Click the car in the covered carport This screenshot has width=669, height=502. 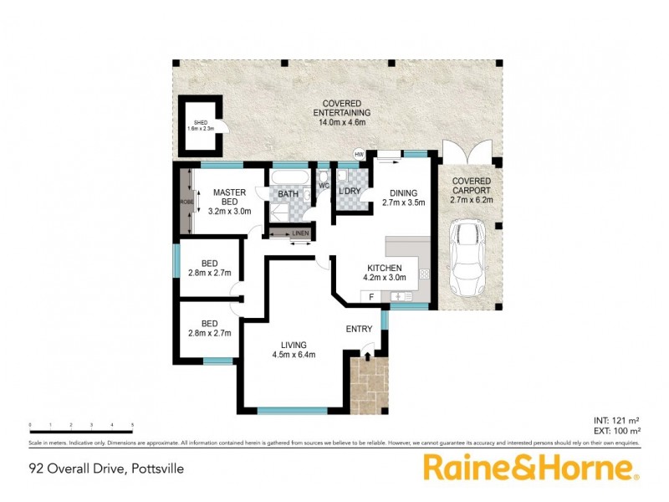pos(467,256)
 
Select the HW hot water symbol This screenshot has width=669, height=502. pos(360,155)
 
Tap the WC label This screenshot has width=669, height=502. pos(323,187)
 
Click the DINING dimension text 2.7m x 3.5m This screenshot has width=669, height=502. pos(404,202)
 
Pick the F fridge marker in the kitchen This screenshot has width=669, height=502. pos(370,296)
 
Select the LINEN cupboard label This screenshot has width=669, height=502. pos(300,233)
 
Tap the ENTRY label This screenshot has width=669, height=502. pos(359,329)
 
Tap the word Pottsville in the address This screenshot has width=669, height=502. pos(156,469)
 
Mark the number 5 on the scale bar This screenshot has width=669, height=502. pos(133,425)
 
